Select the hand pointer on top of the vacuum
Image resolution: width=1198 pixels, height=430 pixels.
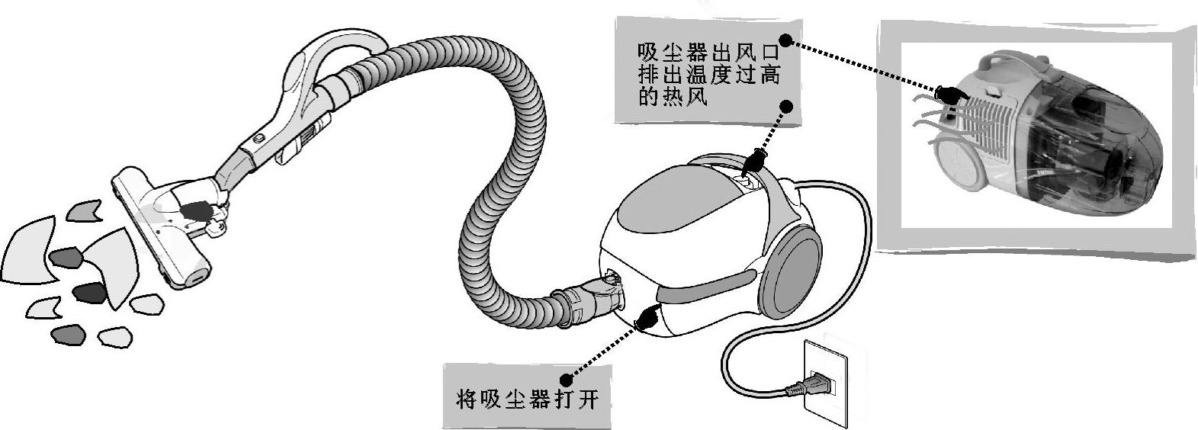754,160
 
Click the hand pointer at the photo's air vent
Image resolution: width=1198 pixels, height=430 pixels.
949,95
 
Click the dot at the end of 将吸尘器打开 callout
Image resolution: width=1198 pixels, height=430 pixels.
565,379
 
